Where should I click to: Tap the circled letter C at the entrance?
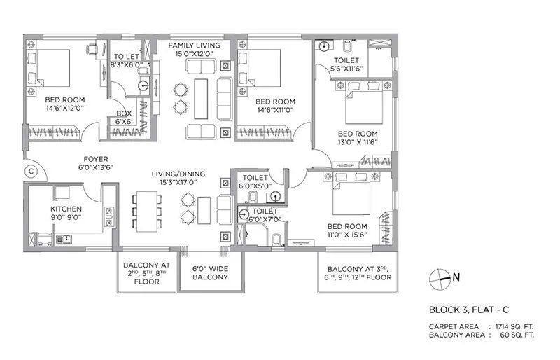[x=30, y=169]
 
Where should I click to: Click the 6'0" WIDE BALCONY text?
[x=210, y=272]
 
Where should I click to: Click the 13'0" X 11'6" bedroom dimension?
[x=357, y=143]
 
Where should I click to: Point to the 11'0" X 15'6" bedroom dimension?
[x=347, y=236]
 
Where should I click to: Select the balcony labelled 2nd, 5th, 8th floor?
[x=147, y=272]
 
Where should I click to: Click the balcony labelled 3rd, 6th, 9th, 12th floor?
[x=354, y=273]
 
